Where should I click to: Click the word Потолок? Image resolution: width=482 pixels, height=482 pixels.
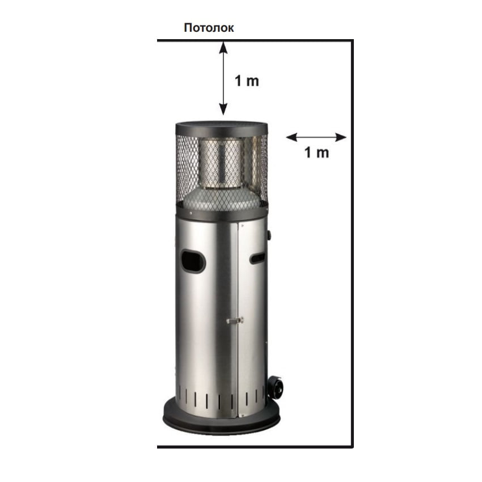209,28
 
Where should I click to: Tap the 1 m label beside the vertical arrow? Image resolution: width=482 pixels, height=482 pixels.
247,81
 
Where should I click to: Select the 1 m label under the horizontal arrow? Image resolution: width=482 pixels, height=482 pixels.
316,153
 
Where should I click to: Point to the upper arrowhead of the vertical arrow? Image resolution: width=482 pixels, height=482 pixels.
223,48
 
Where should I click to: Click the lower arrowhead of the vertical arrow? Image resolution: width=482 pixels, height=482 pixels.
223,109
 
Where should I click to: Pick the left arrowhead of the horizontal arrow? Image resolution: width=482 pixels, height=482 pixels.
291,137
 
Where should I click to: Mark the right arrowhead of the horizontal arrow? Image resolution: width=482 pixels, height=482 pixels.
341,137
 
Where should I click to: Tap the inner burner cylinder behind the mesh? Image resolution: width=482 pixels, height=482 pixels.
220,163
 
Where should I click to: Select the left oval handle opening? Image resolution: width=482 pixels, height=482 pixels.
193,261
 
